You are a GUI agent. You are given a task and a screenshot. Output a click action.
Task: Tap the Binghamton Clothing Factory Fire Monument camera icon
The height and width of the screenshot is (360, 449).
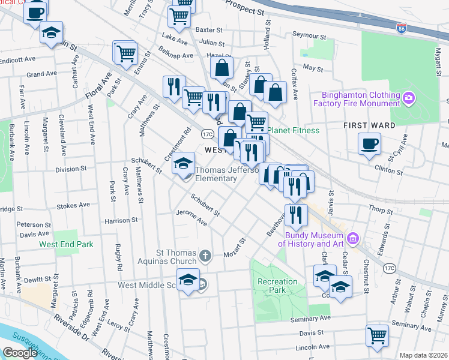point(409,97)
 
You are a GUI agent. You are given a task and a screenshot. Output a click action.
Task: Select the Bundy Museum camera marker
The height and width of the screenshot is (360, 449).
point(353,239)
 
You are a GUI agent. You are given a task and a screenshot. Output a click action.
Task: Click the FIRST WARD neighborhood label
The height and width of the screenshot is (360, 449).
point(369,125)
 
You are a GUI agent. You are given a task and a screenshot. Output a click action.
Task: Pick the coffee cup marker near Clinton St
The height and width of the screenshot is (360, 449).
point(369,144)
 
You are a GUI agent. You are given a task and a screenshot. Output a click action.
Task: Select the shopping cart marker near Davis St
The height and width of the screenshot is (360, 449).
point(378,335)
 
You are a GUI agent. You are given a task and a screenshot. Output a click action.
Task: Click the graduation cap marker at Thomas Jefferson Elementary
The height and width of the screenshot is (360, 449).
point(183,163)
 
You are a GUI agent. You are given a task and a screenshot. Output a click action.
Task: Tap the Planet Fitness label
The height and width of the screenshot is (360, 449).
point(294,130)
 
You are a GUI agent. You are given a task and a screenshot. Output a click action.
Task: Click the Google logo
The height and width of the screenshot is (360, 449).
point(20,353)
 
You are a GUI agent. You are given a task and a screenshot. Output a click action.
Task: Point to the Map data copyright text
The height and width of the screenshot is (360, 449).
point(423,355)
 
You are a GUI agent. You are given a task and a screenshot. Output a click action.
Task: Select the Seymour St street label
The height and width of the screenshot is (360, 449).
point(309,35)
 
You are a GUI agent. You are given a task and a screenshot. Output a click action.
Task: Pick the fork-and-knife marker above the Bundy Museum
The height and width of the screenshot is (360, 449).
point(296,214)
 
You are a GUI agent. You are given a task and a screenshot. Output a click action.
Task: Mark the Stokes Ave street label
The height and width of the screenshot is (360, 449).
point(73,206)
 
